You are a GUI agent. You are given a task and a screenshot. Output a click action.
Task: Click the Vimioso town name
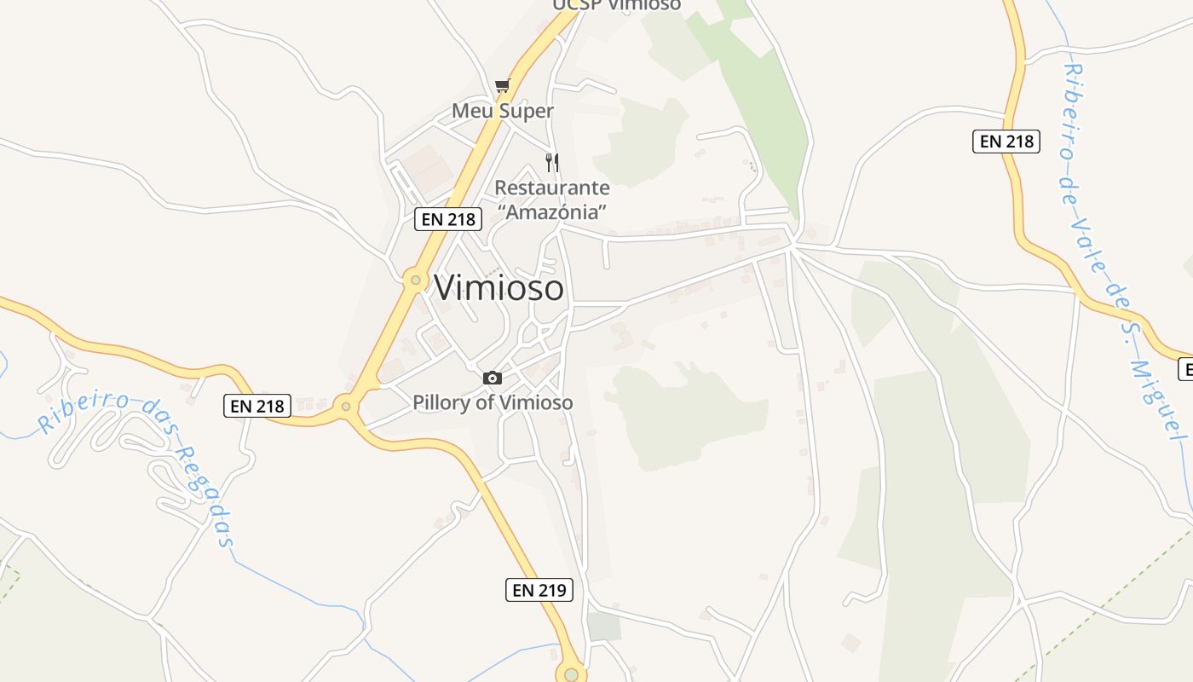pos(499,288)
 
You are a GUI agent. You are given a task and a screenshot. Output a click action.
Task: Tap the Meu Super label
pos(502,111)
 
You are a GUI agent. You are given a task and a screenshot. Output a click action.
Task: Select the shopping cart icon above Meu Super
pos(502,85)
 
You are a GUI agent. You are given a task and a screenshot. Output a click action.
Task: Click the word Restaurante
pos(552,188)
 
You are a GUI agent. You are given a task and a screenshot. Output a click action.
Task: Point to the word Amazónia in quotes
pos(552,211)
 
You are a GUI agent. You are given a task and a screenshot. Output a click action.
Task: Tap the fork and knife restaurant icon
pos(552,162)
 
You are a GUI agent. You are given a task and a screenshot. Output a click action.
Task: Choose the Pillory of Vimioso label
pos(493,402)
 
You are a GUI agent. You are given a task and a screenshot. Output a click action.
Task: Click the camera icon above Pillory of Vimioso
pos(493,378)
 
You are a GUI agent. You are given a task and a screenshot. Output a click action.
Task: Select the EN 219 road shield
pos(539,589)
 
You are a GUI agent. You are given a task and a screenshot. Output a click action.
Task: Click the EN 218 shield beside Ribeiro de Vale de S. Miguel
pos(1006,141)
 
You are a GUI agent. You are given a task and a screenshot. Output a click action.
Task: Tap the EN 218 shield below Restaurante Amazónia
pos(449,219)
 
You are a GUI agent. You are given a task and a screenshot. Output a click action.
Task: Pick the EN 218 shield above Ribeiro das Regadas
pos(258,406)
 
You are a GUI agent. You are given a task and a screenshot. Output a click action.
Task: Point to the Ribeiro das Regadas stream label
pos(136,465)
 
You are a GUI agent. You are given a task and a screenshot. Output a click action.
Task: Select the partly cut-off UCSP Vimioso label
pos(617,5)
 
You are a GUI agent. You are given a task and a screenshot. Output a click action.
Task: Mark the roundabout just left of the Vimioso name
pos(416,279)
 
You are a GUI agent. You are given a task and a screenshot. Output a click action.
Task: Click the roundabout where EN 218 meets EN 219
pos(346,407)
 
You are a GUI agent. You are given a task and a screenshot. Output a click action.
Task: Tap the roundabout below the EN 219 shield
pos(571,674)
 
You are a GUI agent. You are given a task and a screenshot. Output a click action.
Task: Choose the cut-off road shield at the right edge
pos(1185,369)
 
